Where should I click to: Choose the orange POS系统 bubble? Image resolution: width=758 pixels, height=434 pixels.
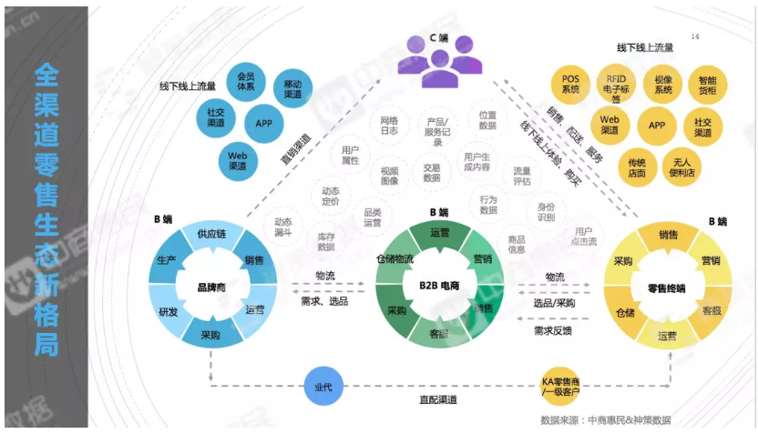tap(570, 84)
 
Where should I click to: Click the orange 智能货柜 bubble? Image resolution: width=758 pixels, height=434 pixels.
tap(707, 85)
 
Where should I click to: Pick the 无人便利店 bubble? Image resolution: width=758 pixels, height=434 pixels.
tap(680, 167)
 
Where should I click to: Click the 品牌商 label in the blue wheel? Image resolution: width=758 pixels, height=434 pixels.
tap(211, 288)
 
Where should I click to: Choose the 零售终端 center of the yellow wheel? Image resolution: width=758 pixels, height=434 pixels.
tap(666, 288)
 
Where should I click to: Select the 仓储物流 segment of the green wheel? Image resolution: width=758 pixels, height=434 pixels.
tap(394, 259)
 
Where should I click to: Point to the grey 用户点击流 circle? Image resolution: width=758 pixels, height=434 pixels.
tap(584, 237)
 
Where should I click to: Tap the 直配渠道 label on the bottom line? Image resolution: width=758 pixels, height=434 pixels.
tap(439, 399)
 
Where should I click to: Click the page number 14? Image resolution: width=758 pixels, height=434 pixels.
tap(695, 37)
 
